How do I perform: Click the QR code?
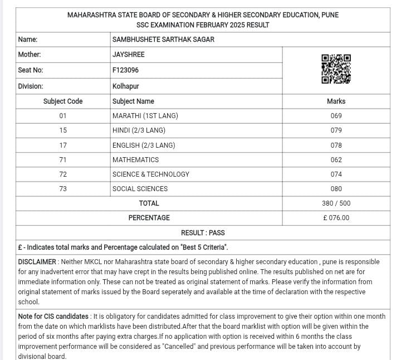336,69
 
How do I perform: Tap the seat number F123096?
125,70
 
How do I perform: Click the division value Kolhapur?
125,86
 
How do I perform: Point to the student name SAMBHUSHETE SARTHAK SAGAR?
163,40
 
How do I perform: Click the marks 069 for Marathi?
336,116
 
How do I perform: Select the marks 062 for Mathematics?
336,159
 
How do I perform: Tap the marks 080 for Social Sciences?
336,189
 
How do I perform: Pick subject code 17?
63,145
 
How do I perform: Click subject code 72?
63,174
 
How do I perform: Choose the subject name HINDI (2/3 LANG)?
139,130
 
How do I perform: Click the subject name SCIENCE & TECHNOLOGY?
151,174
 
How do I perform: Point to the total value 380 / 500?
336,203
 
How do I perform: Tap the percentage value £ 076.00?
336,218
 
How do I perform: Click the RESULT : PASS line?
203,232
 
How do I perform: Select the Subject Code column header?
63,101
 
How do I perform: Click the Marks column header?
336,101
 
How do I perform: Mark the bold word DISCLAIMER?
37,262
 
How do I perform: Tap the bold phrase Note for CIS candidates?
53,316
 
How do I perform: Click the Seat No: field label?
31,70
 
